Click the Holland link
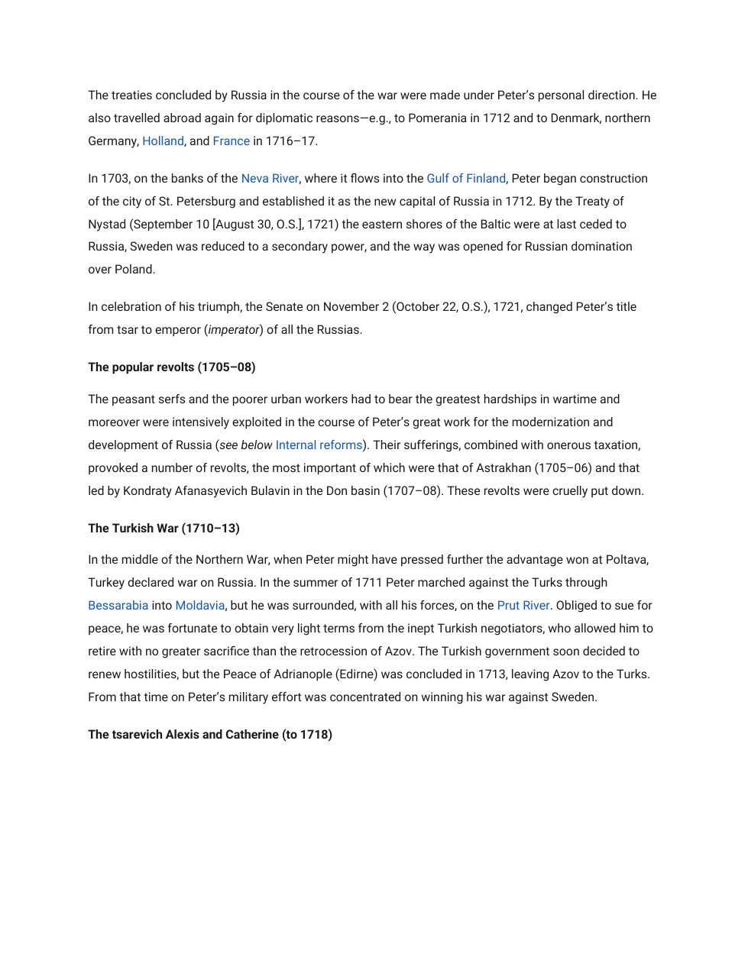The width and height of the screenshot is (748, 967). tap(163, 141)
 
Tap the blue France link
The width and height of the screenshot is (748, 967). tap(231, 141)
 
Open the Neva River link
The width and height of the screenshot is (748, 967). tap(270, 179)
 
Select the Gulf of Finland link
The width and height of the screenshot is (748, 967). tap(466, 179)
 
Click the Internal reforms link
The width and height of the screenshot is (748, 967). tap(319, 445)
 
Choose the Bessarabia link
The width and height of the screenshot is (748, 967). tap(118, 606)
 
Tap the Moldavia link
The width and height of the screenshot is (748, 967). tap(200, 606)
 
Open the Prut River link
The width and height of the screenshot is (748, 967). tap(523, 606)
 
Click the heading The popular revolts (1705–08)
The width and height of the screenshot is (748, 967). tap(172, 367)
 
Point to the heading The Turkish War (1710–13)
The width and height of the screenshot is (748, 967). tap(164, 529)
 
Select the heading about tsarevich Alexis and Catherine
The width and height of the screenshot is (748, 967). tap(210, 735)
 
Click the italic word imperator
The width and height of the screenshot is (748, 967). tap(234, 330)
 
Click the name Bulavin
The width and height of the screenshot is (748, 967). tap(264, 491)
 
